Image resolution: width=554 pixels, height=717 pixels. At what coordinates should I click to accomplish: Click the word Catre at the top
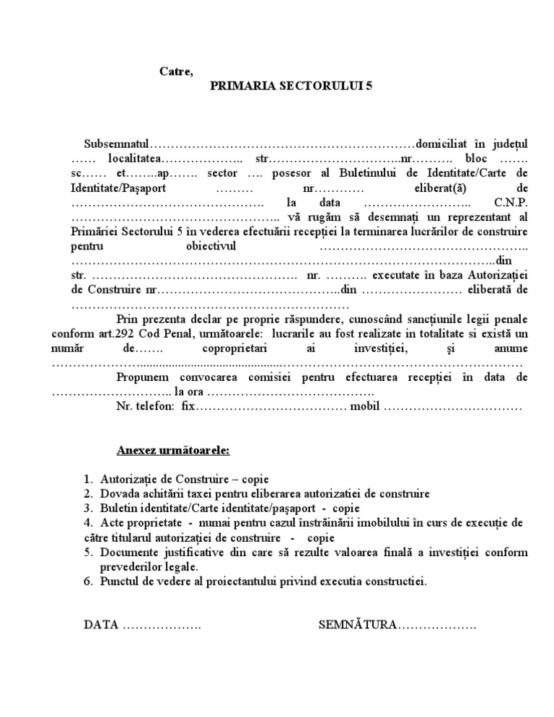[176, 71]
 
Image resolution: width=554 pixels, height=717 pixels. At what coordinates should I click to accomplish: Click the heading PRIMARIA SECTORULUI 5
[292, 85]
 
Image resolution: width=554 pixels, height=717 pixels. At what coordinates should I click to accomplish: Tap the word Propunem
[142, 377]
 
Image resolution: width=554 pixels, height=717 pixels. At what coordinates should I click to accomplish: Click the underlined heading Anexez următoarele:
[173, 451]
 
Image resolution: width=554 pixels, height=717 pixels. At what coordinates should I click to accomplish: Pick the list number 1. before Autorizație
[87, 479]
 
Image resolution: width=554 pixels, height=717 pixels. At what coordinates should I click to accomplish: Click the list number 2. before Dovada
[87, 494]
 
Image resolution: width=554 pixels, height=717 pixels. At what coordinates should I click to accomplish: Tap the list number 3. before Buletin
[87, 509]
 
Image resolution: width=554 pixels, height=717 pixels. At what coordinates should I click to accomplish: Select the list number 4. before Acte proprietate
[87, 523]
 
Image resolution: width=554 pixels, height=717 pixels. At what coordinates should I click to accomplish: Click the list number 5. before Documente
[87, 553]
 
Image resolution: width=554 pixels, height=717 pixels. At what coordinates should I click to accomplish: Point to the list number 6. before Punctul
[87, 581]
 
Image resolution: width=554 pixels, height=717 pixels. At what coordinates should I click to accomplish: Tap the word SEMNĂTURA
[357, 625]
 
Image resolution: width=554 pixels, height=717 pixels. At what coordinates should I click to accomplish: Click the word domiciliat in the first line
[444, 144]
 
